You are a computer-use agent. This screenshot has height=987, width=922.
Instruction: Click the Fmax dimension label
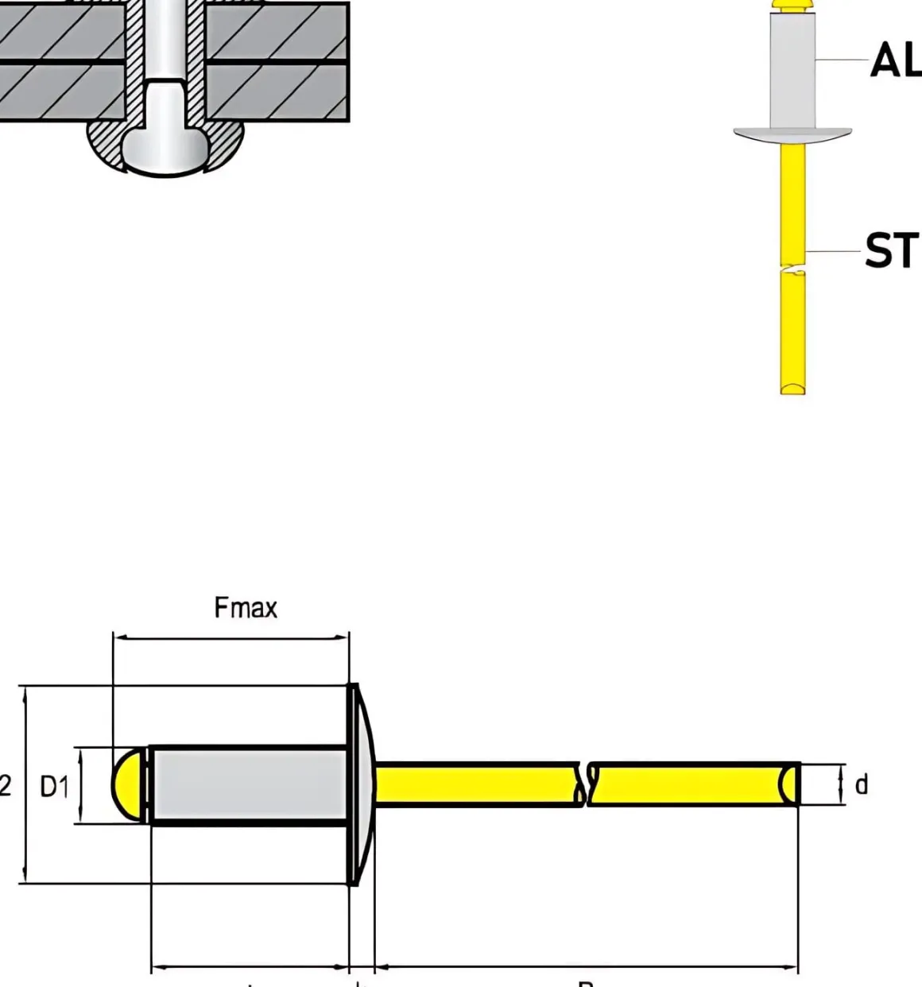pyautogui.click(x=246, y=609)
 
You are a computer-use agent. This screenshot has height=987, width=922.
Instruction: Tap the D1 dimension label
pyautogui.click(x=54, y=787)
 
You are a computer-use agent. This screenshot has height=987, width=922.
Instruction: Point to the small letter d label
pyautogui.click(x=861, y=785)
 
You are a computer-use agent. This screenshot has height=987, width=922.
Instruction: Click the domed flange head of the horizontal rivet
pyautogui.click(x=362, y=785)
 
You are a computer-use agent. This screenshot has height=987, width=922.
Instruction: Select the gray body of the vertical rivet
pyautogui.click(x=792, y=72)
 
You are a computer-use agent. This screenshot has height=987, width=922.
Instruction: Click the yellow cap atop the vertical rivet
pyautogui.click(x=792, y=7)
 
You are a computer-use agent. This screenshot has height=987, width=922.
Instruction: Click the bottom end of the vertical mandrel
pyautogui.click(x=792, y=388)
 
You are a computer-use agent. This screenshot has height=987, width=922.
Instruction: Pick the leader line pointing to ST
pyautogui.click(x=835, y=252)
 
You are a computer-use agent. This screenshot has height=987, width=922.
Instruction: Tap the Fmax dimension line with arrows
pyautogui.click(x=230, y=637)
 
